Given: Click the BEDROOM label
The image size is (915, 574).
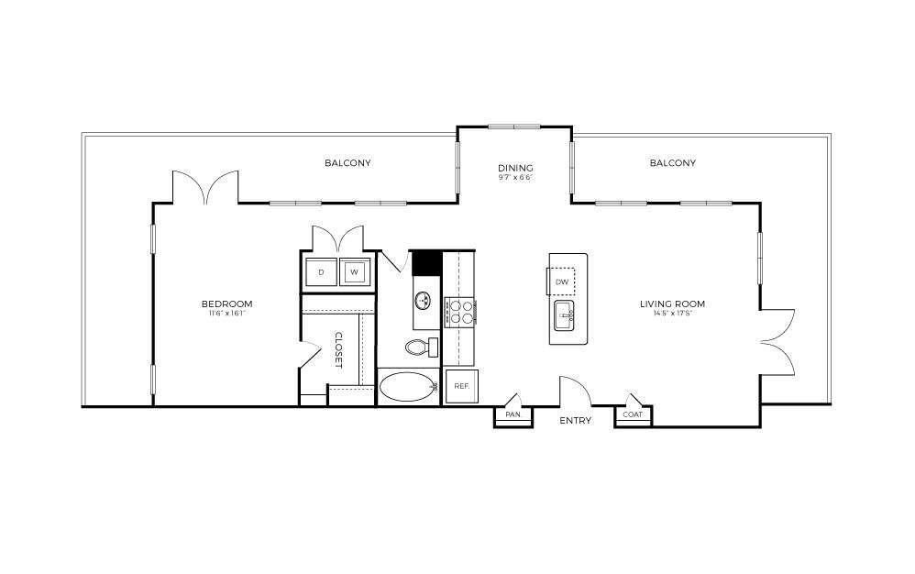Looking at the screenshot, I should tap(226, 304).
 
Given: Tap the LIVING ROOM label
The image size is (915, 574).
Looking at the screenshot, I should tap(672, 304).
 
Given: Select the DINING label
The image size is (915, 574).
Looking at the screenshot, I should tap(515, 168).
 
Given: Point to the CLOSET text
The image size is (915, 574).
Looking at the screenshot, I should tap(337, 349).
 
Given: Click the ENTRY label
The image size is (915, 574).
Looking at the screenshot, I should tap(576, 421).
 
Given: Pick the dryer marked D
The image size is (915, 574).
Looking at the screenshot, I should tap(321, 272).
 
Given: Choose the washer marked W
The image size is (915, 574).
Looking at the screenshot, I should tap(353, 272).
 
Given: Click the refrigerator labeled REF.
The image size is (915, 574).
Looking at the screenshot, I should tap(461, 386).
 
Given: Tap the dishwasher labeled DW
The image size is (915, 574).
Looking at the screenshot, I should tap(562, 281).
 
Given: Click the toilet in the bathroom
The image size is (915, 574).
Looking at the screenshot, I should tap(419, 347).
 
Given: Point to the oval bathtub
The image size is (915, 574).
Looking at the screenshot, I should tap(409, 387).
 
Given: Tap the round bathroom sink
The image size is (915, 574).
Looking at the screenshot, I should tap(424, 300).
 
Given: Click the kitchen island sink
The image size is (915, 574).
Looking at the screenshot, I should tap(563, 317).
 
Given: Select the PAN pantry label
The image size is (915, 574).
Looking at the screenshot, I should tap(513, 414).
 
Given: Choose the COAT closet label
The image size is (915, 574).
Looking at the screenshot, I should tap(633, 414).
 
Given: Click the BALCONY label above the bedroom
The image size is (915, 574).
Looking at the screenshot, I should tap(347, 163).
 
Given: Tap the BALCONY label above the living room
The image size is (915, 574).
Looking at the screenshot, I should tap(672, 163).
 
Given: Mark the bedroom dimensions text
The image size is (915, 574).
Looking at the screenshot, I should tap(226, 314).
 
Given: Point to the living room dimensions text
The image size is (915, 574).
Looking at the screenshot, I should tap(672, 314).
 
